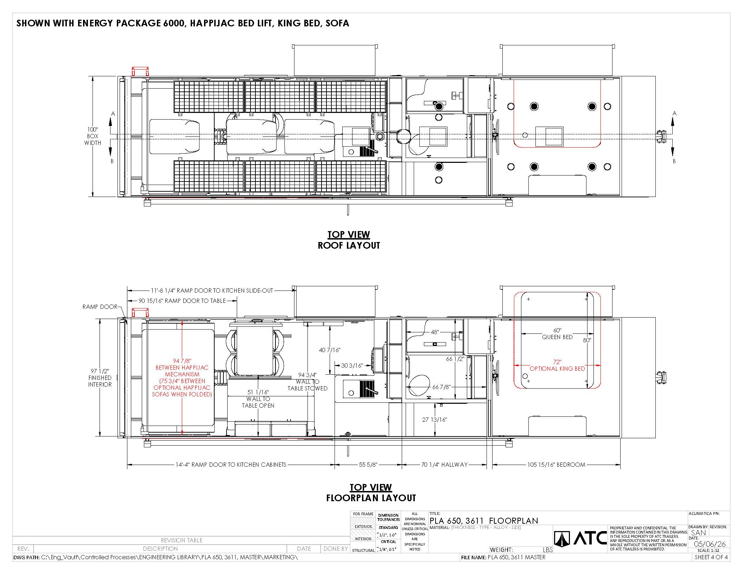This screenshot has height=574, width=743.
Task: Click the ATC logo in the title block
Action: pos(580,538)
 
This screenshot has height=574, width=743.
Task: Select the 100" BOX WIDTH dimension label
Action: pos(93,136)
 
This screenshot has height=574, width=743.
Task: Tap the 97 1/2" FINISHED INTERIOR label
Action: pos(100,378)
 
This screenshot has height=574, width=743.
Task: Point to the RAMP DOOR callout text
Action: pos(100,307)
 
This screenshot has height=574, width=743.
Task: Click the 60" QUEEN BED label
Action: pos(557,333)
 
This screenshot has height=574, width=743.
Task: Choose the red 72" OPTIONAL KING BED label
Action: pos(557,365)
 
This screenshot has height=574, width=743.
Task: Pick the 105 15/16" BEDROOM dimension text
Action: pos(556,465)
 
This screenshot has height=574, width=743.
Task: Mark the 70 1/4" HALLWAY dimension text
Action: pos(444,465)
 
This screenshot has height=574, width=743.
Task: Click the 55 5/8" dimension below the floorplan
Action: pos(368,465)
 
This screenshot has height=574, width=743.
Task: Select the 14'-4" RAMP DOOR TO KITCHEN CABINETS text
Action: pos(231,465)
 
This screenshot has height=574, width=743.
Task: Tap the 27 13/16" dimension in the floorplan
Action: pos(434,420)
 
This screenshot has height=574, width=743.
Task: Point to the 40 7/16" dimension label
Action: pos(330,350)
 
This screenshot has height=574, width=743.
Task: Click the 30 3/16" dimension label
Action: pos(352,365)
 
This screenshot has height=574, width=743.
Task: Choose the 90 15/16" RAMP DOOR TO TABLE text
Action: pos(182,301)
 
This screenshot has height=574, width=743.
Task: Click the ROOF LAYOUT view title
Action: pos(349,245)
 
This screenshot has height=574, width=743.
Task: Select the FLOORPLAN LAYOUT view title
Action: pos(371,498)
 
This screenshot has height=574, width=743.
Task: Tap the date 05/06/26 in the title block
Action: pos(710,544)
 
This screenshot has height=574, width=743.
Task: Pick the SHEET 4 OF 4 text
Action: pos(711,557)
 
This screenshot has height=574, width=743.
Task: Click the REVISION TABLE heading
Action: pos(182,540)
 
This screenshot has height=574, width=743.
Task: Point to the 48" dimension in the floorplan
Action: pos(434,332)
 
